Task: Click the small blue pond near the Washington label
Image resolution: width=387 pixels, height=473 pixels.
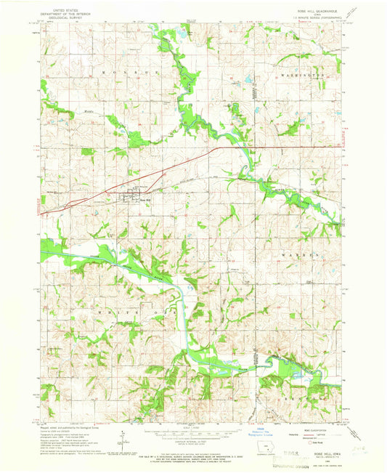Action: pos(247,81)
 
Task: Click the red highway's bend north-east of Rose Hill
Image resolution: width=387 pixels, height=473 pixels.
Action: pos(220,147)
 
